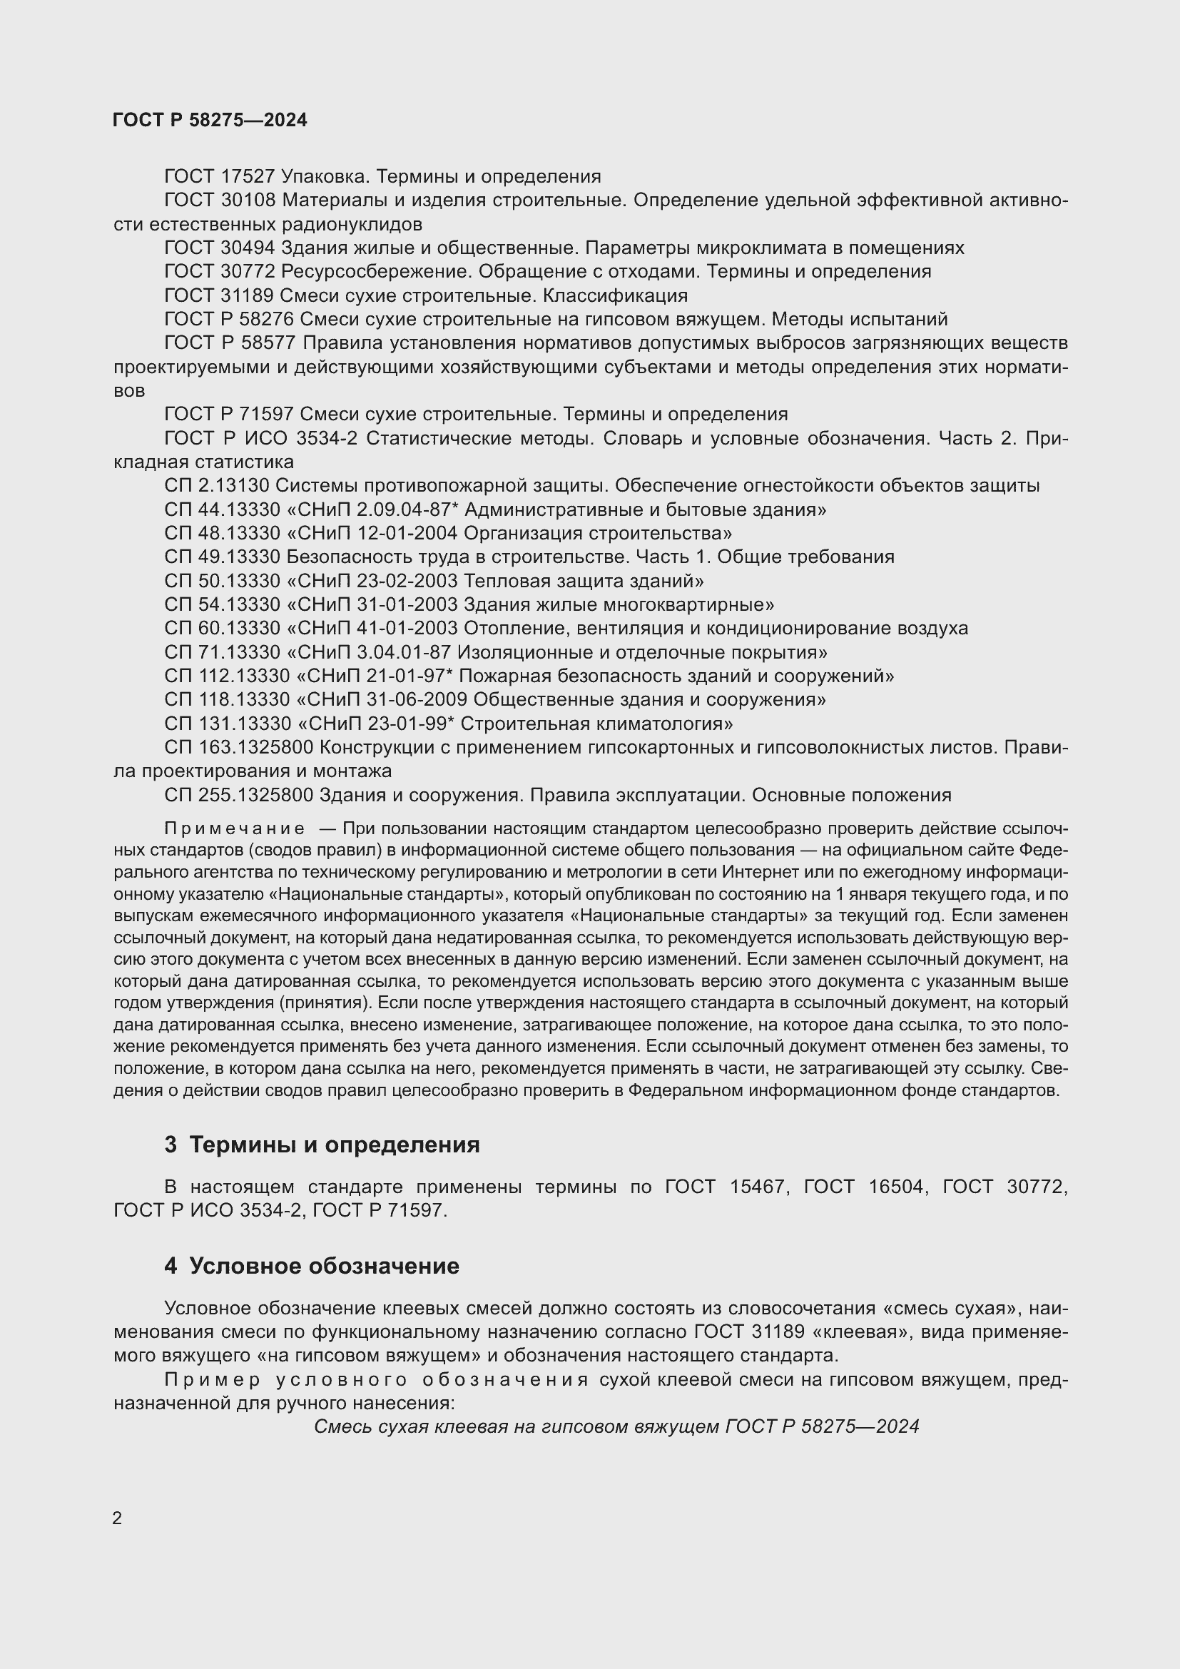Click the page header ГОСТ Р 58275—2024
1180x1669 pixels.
pyautogui.click(x=210, y=120)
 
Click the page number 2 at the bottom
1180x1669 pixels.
pyautogui.click(x=118, y=1518)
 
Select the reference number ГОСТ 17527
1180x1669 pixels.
pyautogui.click(x=220, y=176)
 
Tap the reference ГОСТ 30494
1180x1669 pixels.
pyautogui.click(x=220, y=248)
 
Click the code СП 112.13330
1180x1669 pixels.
pyautogui.click(x=227, y=676)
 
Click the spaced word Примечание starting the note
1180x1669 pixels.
pyautogui.click(x=234, y=829)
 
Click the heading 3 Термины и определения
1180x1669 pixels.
pyautogui.click(x=322, y=1145)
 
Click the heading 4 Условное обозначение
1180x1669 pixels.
pyautogui.click(x=312, y=1266)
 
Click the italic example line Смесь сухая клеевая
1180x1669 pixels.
pyautogui.click(x=616, y=1427)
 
